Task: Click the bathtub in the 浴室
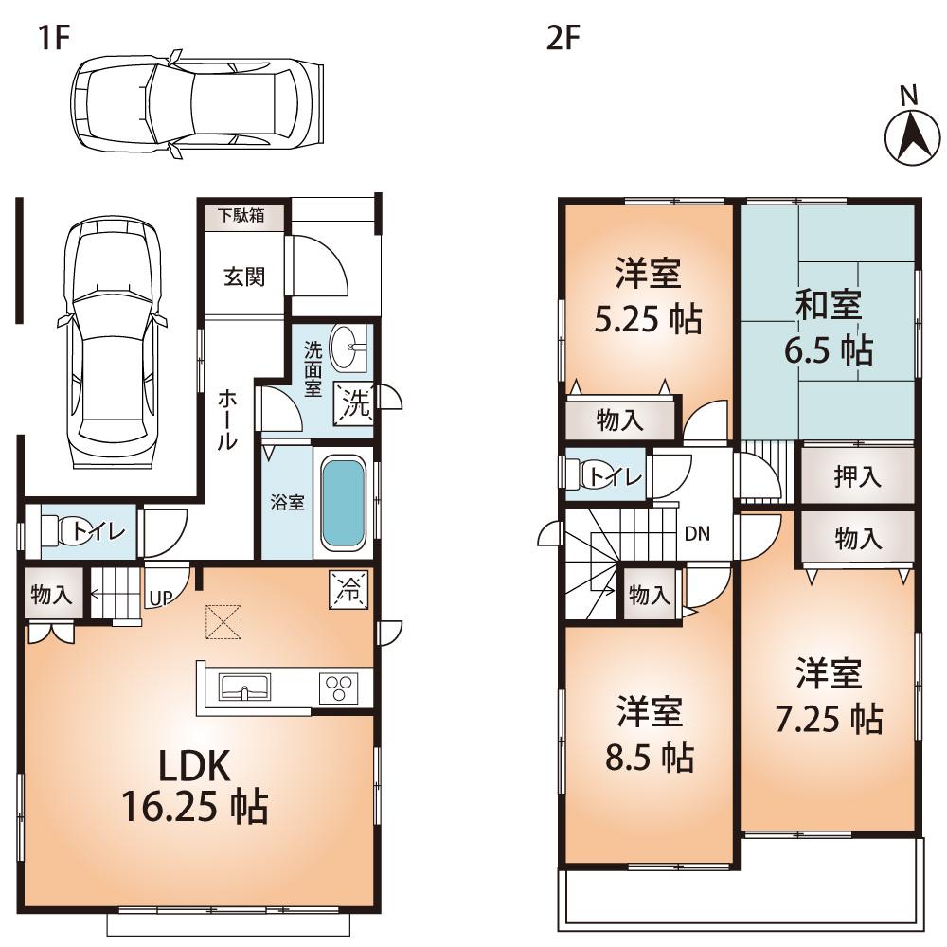[x=342, y=503]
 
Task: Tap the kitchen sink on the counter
[x=244, y=687]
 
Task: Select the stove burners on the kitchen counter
[x=337, y=688]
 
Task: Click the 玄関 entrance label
[x=244, y=277]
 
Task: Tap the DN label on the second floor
[x=697, y=533]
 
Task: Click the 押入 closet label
[x=857, y=477]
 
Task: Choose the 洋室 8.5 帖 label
[x=651, y=734]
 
